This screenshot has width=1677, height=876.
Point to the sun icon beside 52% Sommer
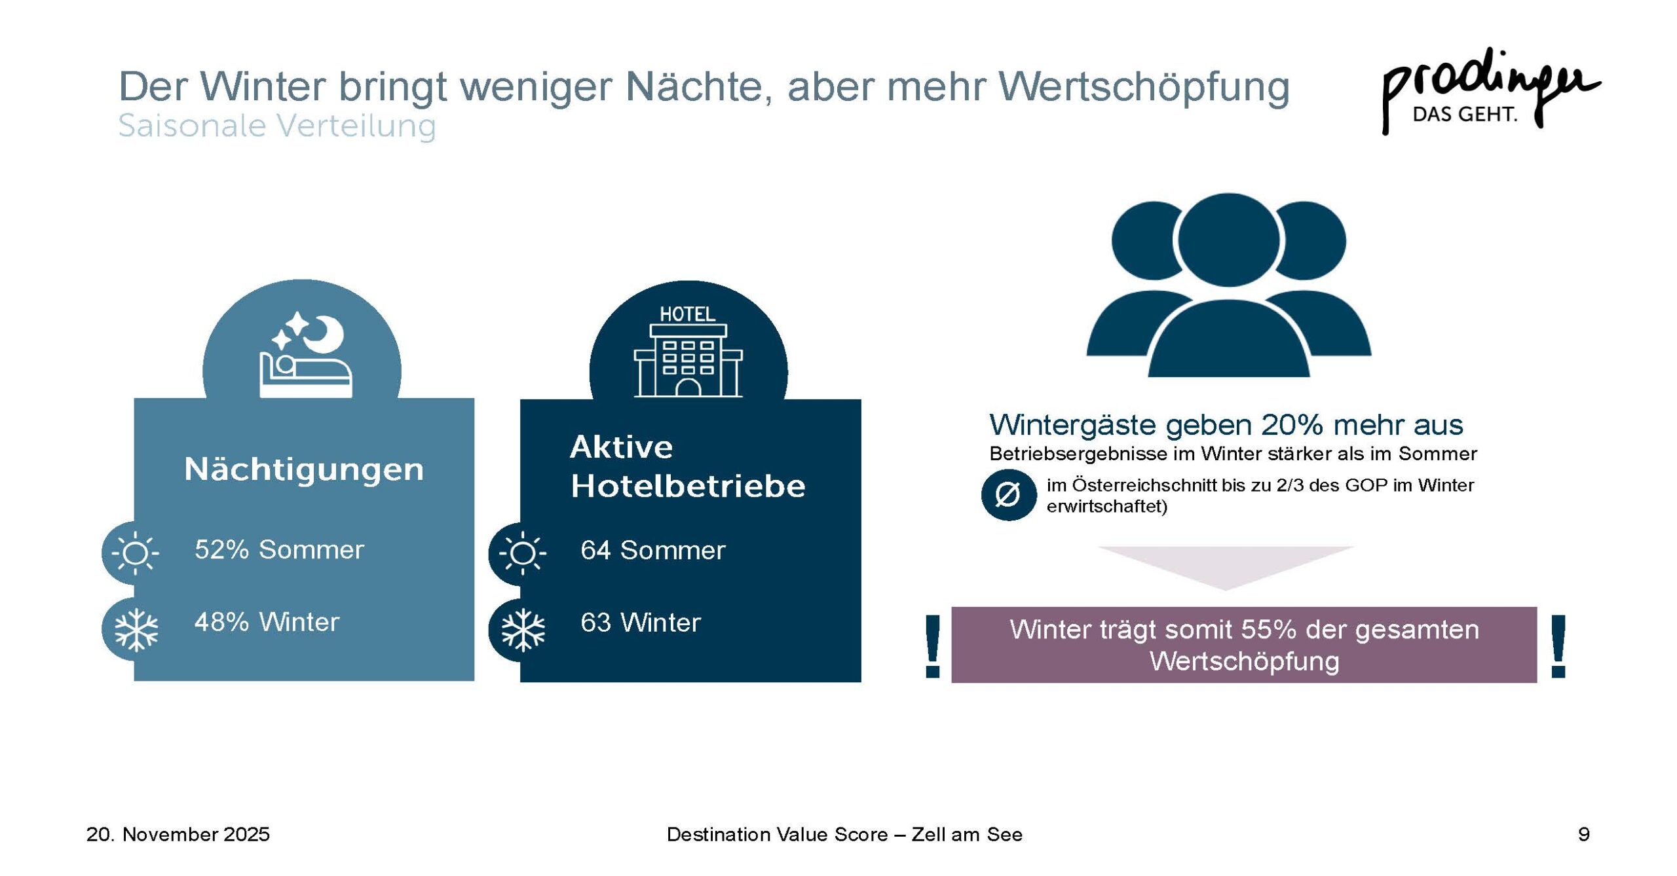click(x=135, y=552)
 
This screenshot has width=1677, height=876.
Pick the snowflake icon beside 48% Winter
click(x=136, y=630)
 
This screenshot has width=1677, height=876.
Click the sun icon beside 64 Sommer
click(x=522, y=553)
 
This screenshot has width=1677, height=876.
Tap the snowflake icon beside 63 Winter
click(x=523, y=630)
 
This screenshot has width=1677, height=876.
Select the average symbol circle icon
click(x=1008, y=494)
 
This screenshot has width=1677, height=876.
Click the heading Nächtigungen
click(x=304, y=469)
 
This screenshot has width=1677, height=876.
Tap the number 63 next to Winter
click(x=595, y=623)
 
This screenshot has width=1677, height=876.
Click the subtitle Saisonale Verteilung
click(x=277, y=126)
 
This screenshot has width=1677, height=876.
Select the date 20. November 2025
click(x=178, y=834)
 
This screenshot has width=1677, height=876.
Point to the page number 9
click(x=1583, y=834)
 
